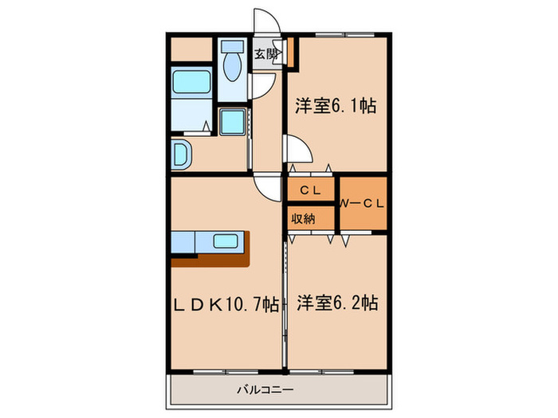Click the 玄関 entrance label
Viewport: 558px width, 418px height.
(266, 54)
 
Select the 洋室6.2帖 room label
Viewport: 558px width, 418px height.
(337, 303)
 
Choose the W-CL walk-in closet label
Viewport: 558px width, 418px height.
(363, 203)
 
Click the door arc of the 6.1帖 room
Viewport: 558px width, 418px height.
(296, 149)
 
